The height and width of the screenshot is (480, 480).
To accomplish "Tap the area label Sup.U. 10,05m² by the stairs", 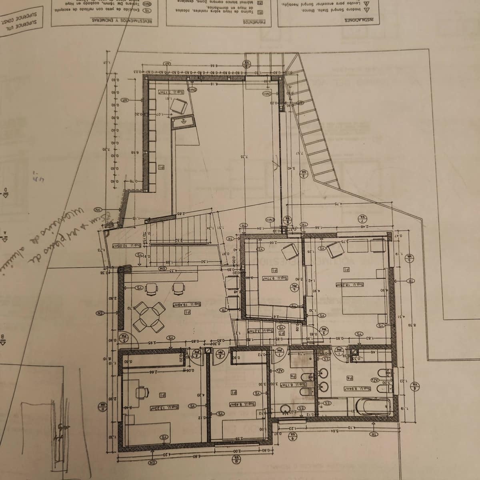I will coord(126,246).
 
